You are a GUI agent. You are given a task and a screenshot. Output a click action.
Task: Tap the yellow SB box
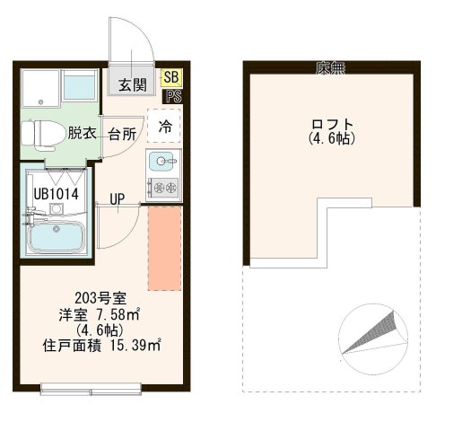click(x=170, y=79)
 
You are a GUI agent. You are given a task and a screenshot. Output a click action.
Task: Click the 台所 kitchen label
click(x=122, y=135)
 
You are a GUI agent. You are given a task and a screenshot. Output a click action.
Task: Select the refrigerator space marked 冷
click(x=165, y=127)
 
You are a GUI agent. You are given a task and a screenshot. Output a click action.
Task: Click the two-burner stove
click(x=164, y=188)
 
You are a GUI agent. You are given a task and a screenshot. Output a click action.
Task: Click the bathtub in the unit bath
click(x=55, y=239)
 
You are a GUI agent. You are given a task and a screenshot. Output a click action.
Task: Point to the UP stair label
click(x=117, y=198)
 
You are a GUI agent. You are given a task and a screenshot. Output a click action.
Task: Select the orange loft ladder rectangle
click(x=164, y=248)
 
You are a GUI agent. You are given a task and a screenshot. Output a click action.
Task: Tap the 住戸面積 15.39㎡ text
click(x=101, y=344)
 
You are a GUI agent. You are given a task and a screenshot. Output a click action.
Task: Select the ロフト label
click(x=332, y=125)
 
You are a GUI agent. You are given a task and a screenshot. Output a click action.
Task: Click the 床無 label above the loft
click(x=328, y=68)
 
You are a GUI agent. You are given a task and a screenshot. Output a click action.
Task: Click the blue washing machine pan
click(x=80, y=87)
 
